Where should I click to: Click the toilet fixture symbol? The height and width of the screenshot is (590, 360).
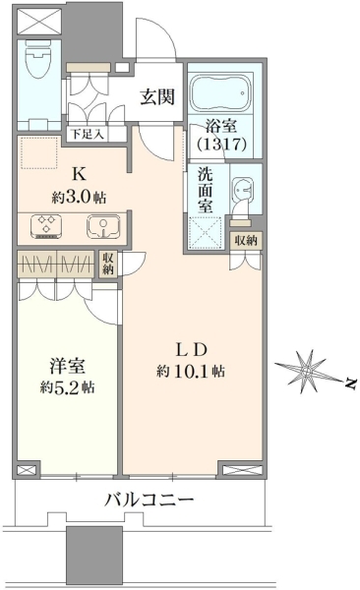(x=39, y=59)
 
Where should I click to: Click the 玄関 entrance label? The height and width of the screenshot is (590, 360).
(x=157, y=97)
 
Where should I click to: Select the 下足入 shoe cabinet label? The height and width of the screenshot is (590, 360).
(x=88, y=134)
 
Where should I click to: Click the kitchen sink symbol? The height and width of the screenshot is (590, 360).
(x=104, y=226)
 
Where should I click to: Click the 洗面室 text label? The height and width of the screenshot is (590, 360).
(x=206, y=190)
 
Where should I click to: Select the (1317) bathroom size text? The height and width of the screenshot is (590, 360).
(x=221, y=144)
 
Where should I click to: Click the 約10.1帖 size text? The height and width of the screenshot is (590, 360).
(x=191, y=372)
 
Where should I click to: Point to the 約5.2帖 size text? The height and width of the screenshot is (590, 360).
(x=68, y=386)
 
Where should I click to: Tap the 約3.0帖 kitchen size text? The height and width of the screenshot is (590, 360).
(x=79, y=197)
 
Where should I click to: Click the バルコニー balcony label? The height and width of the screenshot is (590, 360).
(x=150, y=501)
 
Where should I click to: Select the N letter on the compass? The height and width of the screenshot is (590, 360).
(x=351, y=383)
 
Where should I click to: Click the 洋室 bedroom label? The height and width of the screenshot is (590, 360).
(x=68, y=366)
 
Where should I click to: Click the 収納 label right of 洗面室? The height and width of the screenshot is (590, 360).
(x=246, y=241)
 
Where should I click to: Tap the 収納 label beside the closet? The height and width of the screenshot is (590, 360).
(x=108, y=264)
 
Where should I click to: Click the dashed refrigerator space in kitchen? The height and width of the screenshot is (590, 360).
(x=39, y=152)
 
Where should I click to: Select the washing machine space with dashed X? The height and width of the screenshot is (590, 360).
(x=205, y=232)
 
